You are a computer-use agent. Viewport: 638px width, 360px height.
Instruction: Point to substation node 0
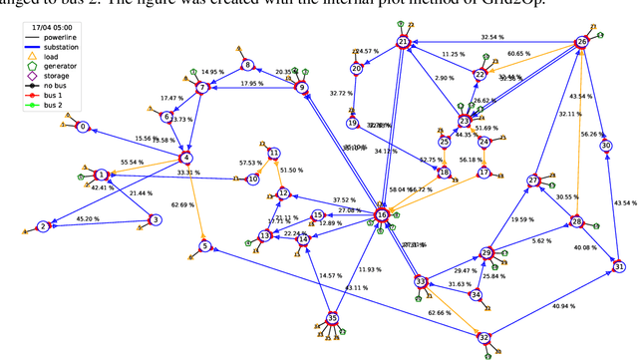[83, 127]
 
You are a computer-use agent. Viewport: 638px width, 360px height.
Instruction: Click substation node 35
[333, 318]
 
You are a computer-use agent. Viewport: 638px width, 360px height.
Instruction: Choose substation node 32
[484, 337]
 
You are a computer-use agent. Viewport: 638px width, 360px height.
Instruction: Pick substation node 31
[619, 266]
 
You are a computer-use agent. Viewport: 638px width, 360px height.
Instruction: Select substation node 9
[302, 87]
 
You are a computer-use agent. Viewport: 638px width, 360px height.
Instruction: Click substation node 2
[43, 226]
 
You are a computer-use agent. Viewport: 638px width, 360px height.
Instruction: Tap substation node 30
[606, 146]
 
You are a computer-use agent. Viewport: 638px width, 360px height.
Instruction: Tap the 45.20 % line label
[89, 219]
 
